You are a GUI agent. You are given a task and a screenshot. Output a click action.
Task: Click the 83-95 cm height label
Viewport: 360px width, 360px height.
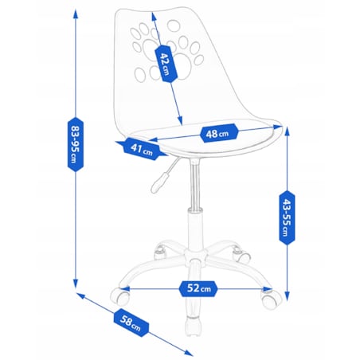[76, 144]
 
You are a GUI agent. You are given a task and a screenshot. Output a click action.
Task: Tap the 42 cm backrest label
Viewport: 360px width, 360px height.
[166, 64]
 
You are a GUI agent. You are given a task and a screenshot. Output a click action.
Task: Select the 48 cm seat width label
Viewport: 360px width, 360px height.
[218, 133]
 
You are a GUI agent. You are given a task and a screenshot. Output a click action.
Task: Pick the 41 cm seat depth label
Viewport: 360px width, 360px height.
[142, 149]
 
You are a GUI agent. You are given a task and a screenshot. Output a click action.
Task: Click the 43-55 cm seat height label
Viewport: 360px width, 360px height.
[287, 217]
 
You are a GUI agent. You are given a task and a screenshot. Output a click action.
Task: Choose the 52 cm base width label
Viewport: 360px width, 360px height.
[198, 288]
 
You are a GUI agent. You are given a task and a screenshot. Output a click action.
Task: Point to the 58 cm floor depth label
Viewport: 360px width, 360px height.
[131, 323]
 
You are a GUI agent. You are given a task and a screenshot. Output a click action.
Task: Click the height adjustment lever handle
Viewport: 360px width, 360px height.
[158, 182]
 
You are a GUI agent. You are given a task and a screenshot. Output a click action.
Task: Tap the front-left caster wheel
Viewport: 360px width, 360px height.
[120, 297]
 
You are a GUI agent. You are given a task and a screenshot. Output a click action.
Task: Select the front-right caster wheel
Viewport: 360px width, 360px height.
[271, 299]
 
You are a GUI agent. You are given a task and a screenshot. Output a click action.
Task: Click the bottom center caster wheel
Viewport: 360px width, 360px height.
[193, 326]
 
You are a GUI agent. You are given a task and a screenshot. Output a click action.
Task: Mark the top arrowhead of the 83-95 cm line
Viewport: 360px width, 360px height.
[76, 14]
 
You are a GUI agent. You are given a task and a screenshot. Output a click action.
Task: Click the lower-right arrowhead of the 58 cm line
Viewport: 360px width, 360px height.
[189, 353]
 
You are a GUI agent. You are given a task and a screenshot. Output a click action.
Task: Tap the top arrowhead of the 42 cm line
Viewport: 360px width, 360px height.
[154, 17]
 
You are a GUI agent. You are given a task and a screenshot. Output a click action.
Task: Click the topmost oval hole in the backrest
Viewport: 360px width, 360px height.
[174, 25]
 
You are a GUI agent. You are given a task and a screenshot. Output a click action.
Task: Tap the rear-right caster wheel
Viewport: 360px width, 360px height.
[241, 253]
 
